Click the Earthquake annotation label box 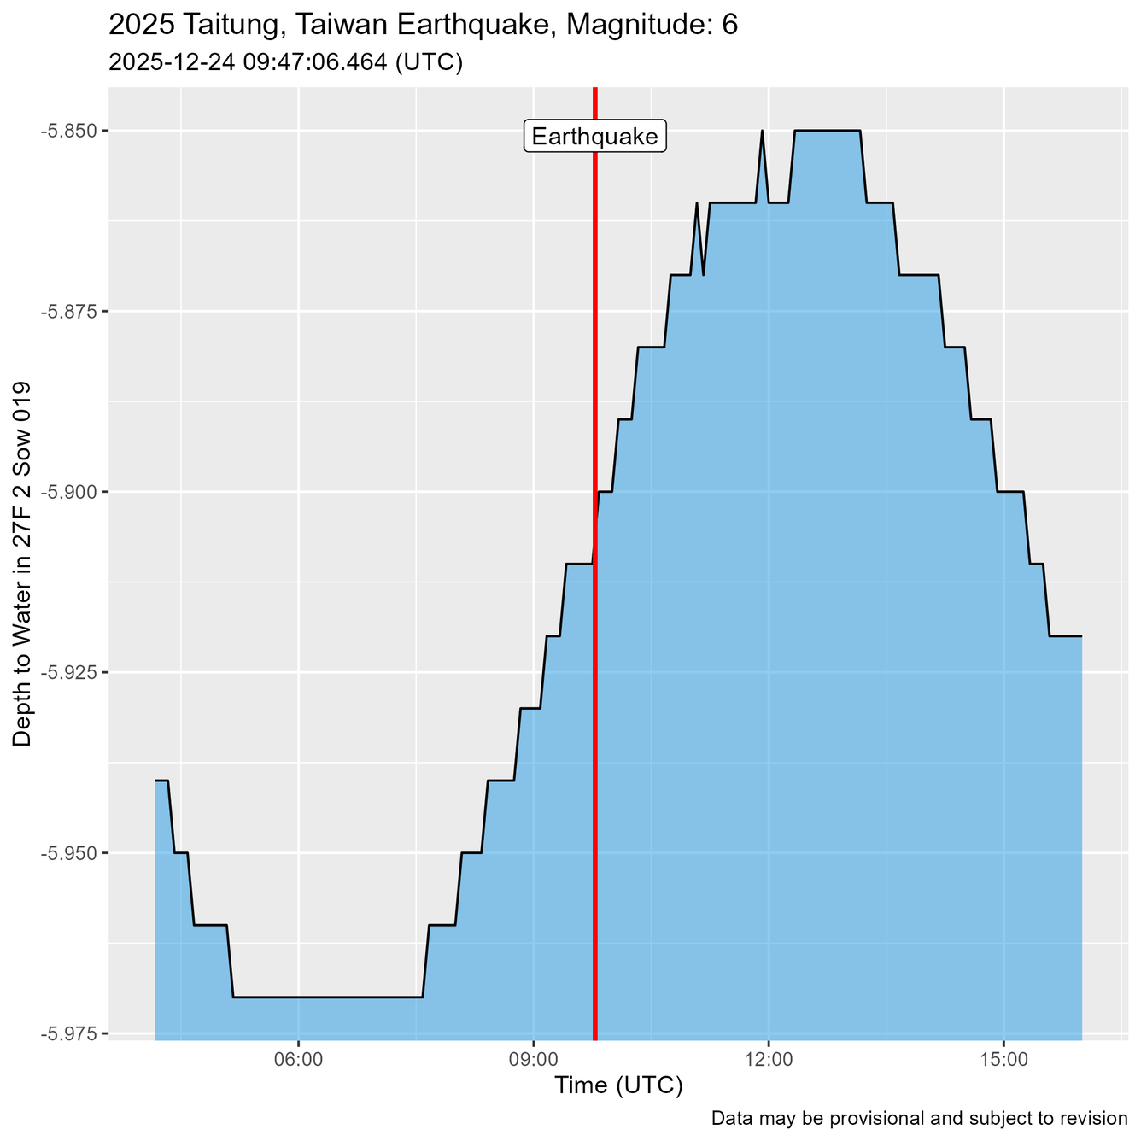(594, 137)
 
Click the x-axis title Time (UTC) (618, 1086)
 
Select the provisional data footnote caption (919, 1119)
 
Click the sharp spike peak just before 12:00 (762, 132)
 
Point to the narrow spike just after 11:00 (697, 203)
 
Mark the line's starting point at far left (155, 781)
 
